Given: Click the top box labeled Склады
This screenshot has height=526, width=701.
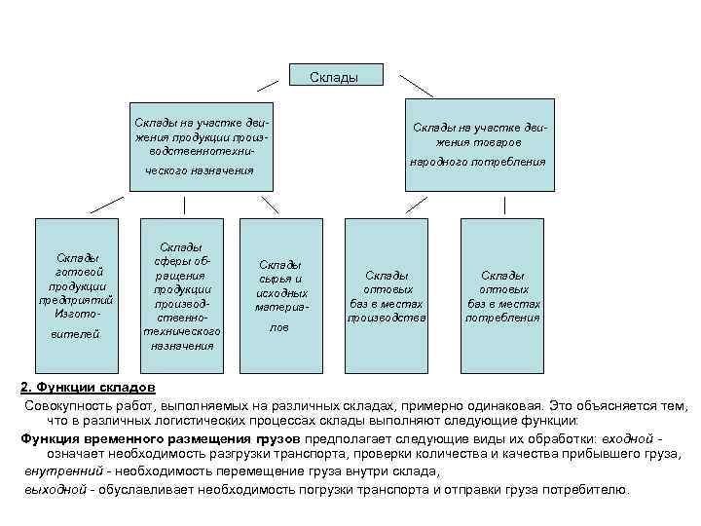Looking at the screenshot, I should [x=335, y=76].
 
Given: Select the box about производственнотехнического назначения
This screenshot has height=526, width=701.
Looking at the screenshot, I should [x=202, y=144].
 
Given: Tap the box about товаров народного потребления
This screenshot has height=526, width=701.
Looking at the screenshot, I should [x=478, y=144].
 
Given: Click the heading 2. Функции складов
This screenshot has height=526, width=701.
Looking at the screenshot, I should [x=81, y=387].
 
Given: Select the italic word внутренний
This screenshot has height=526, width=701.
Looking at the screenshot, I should [x=56, y=472].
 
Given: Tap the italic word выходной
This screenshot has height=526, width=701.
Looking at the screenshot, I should [x=54, y=489].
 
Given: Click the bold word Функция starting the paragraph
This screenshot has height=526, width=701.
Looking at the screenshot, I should [x=49, y=438].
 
